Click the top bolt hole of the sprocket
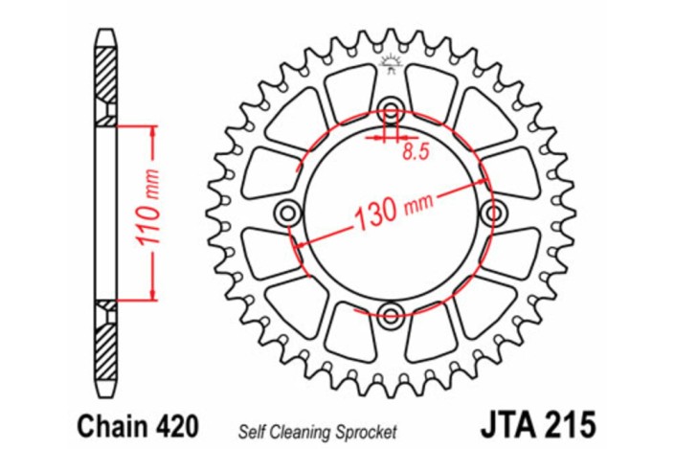(x=390, y=106)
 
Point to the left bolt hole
(x=286, y=211)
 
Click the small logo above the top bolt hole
(x=390, y=65)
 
